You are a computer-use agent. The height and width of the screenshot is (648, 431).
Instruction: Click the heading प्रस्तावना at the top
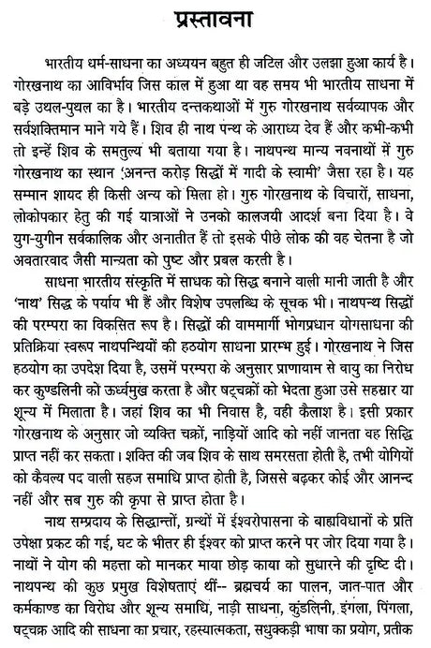coord(216,19)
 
